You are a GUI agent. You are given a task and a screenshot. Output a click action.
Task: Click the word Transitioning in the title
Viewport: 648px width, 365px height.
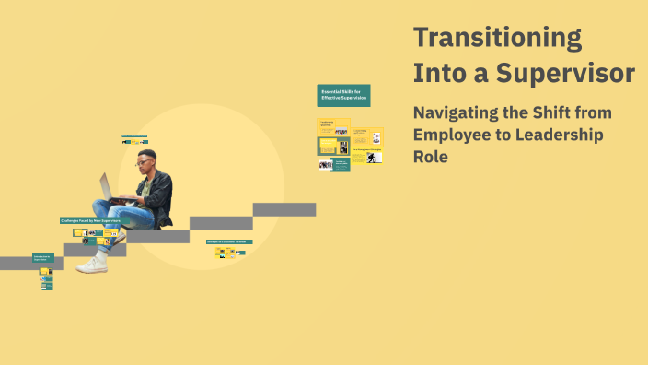497,39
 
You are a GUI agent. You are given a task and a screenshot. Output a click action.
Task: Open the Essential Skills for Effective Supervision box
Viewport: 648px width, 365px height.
343,95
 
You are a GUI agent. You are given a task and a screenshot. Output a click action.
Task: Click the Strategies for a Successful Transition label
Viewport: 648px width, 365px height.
229,241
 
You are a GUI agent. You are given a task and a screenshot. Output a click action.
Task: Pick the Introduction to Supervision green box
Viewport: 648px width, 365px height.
43,259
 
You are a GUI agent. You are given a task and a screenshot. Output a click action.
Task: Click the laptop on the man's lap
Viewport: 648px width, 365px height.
108,186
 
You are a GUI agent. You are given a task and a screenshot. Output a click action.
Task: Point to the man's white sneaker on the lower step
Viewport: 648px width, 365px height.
92,265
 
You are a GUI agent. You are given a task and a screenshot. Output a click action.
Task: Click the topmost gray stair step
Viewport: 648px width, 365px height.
284,209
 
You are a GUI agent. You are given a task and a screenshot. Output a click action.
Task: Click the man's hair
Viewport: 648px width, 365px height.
147,153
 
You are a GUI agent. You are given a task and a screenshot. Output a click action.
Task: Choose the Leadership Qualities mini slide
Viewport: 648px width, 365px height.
327,127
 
